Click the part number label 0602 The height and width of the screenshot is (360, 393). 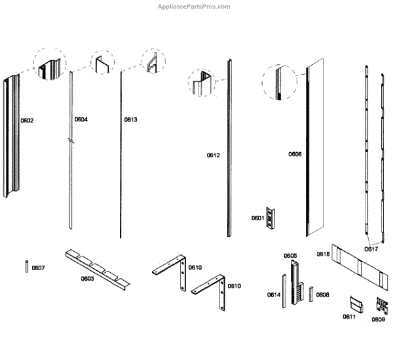pyautogui.click(x=27, y=121)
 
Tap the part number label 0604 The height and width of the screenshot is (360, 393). pyautogui.click(x=81, y=119)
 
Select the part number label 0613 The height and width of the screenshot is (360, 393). pyautogui.click(x=131, y=120)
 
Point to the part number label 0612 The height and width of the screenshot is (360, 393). pyautogui.click(x=214, y=155)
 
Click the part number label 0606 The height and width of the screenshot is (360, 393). pyautogui.click(x=295, y=155)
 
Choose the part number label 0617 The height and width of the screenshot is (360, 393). pyautogui.click(x=371, y=249)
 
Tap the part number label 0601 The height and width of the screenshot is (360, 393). pyautogui.click(x=257, y=218)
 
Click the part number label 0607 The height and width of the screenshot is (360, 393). pyautogui.click(x=39, y=268)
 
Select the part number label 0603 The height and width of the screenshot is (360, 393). pyautogui.click(x=87, y=279)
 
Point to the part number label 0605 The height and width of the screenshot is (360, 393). pyautogui.click(x=290, y=256)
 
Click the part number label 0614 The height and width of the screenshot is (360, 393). pyautogui.click(x=274, y=295)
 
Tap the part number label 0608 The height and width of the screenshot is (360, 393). pyautogui.click(x=323, y=295)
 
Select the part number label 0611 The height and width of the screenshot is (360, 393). pyautogui.click(x=349, y=317)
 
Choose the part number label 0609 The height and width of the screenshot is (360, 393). pyautogui.click(x=379, y=319)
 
